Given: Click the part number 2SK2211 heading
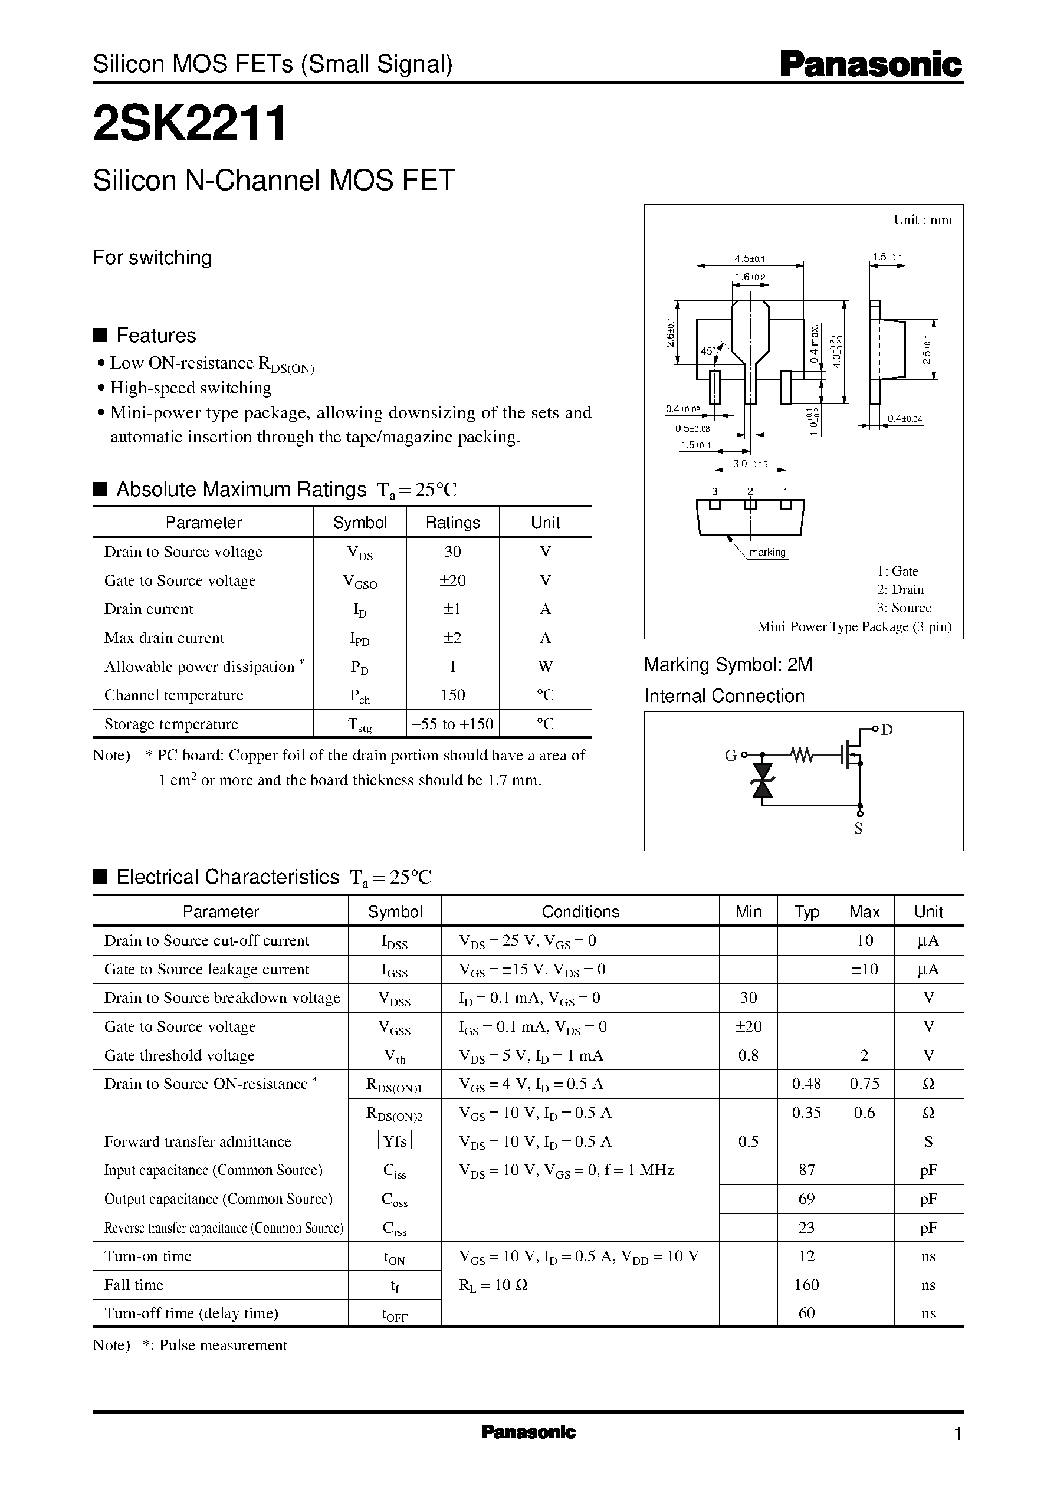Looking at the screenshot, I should pyautogui.click(x=189, y=124).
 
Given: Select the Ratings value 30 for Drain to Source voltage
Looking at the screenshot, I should pyautogui.click(x=452, y=552).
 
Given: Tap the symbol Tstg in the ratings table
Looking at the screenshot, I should pyautogui.click(x=359, y=724).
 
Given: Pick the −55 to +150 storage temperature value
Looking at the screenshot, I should pyautogui.click(x=452, y=724).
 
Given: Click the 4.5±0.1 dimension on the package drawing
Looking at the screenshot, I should pyautogui.click(x=749, y=259).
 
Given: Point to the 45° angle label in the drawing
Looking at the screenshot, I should pyautogui.click(x=707, y=351).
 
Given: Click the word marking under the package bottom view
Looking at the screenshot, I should pyautogui.click(x=767, y=553).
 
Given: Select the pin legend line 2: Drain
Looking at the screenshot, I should pyautogui.click(x=900, y=590).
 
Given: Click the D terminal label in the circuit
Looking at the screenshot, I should pyautogui.click(x=887, y=730).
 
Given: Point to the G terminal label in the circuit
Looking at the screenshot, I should pyautogui.click(x=730, y=756).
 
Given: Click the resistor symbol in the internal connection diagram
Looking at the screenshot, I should pyautogui.click(x=803, y=755).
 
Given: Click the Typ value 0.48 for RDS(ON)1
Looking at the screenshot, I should pyautogui.click(x=806, y=1084).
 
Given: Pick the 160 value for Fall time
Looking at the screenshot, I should pyautogui.click(x=806, y=1285).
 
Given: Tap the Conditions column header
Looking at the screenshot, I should pyautogui.click(x=580, y=912).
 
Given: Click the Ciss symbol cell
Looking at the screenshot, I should pyautogui.click(x=395, y=1172).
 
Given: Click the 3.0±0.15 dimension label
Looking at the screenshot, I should pyautogui.click(x=750, y=464).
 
